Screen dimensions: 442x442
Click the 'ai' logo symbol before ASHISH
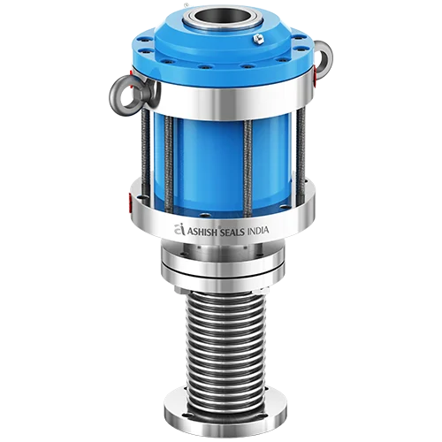181,228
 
